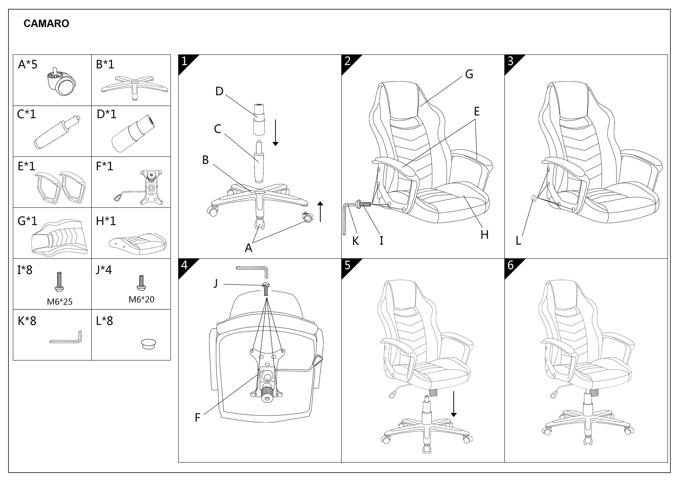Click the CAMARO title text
(46, 24)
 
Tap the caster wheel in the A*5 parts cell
(61, 81)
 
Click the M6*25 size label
(60, 302)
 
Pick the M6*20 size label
(142, 299)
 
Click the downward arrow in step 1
(275, 133)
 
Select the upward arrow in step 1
(320, 211)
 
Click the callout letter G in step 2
(469, 74)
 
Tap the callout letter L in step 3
(518, 241)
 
